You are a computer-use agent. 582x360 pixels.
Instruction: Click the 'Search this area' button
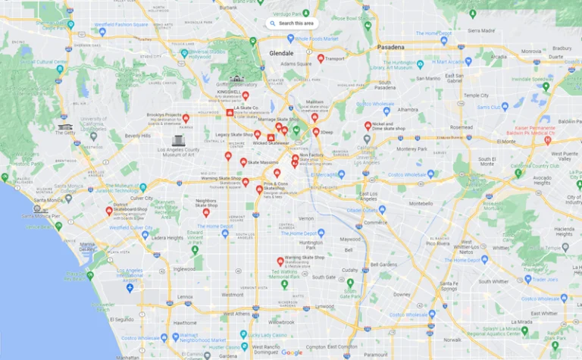coord(292,23)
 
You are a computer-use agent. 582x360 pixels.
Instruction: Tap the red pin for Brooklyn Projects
coord(186,118)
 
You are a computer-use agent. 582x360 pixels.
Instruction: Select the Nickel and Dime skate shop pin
coord(368,126)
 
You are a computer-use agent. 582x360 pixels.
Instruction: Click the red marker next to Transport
coord(321,58)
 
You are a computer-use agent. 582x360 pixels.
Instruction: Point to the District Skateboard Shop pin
coord(108,210)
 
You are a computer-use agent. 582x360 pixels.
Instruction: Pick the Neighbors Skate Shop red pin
coord(205,212)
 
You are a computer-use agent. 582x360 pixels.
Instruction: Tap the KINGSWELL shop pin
coord(245,95)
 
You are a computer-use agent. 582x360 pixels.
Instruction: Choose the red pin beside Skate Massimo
coord(243,161)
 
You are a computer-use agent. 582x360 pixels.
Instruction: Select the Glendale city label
coord(286,53)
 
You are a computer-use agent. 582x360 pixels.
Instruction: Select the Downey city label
coord(402,294)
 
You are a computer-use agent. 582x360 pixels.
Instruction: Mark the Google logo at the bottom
coord(292,352)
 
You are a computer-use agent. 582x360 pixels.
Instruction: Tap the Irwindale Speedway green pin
coord(545,86)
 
